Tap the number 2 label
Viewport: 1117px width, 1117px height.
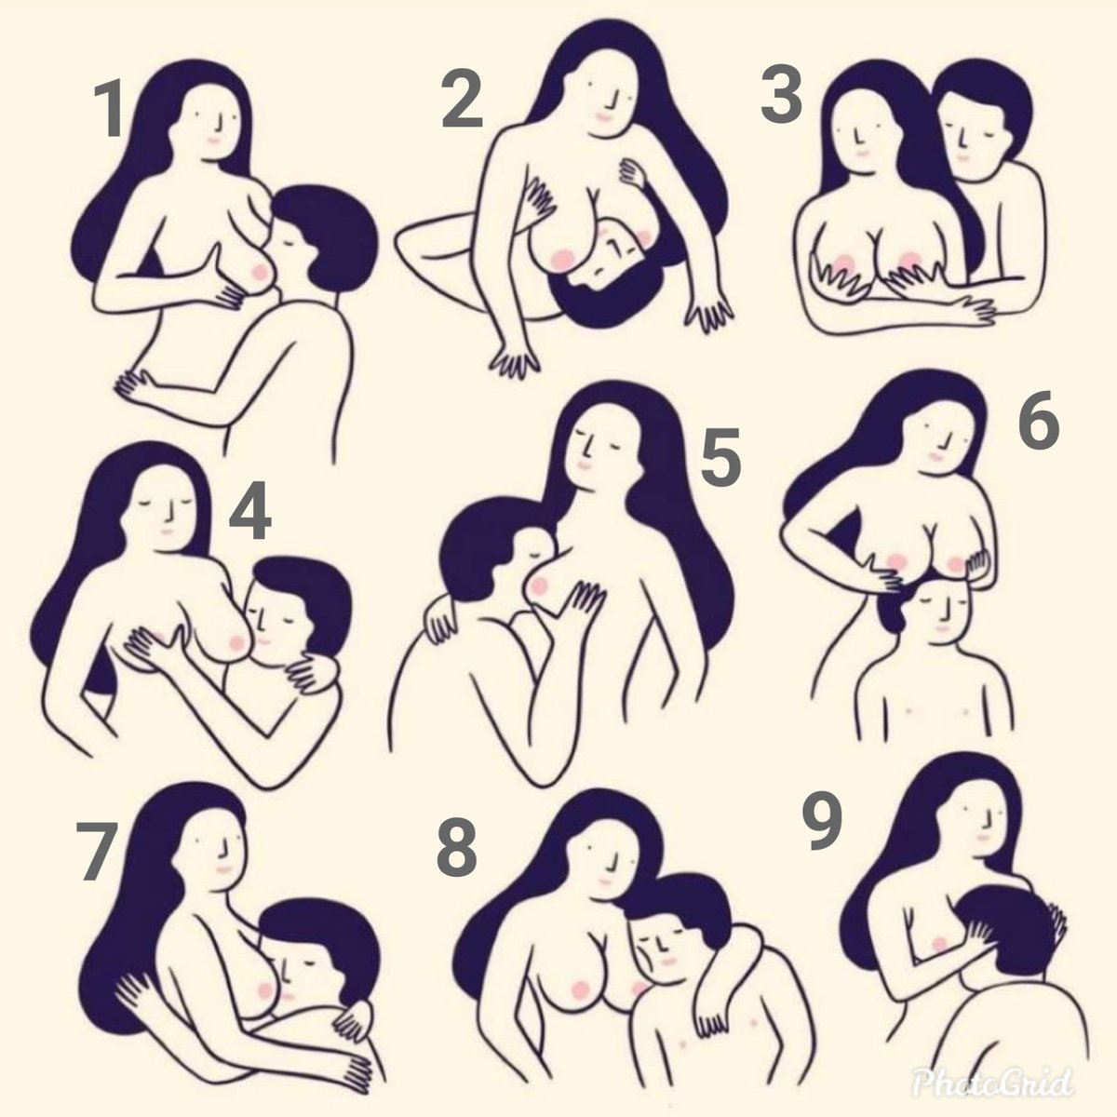463,103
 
